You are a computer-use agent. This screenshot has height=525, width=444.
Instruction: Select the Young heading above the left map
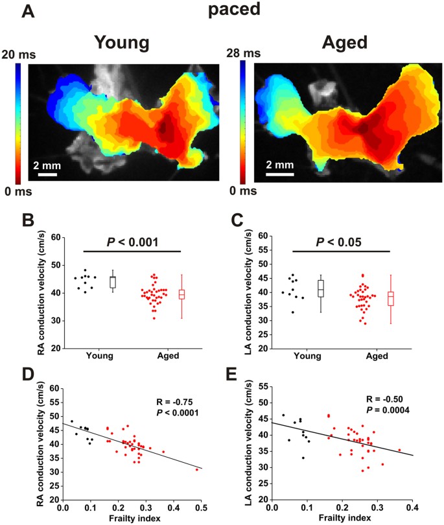coord(123,43)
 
